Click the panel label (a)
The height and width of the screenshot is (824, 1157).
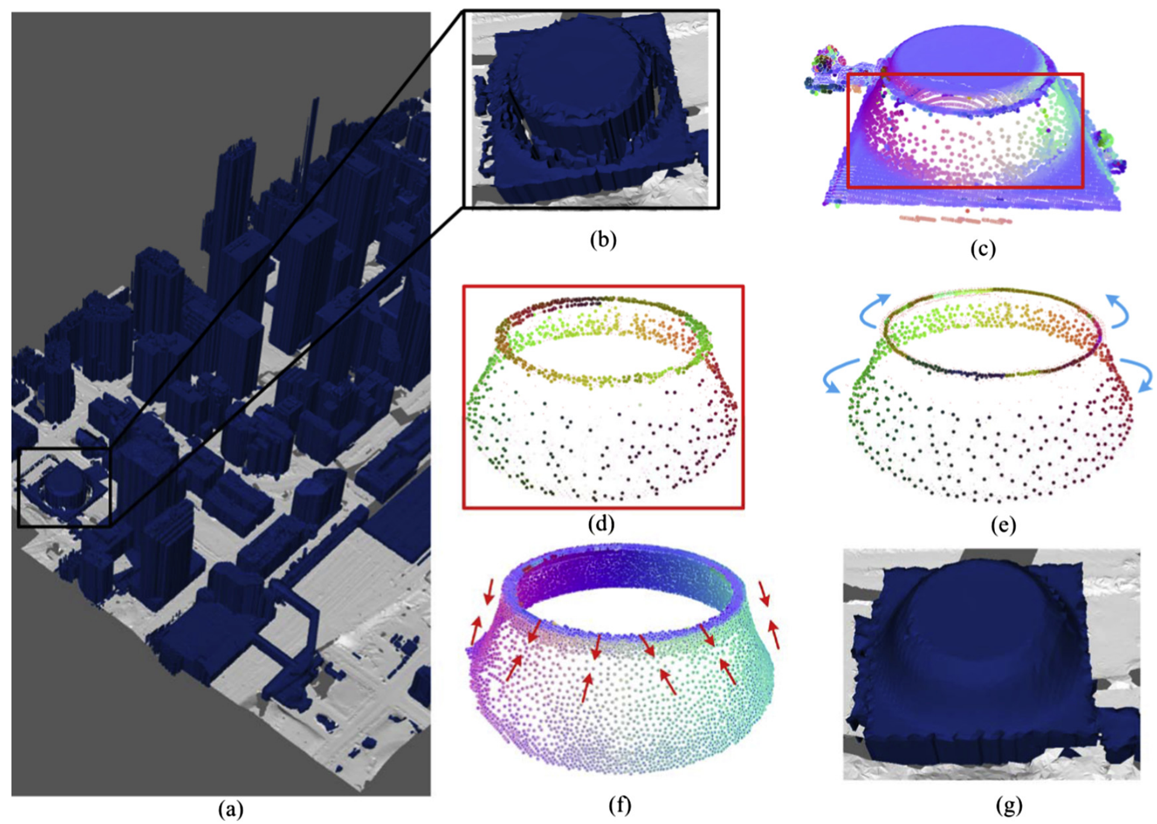pyautogui.click(x=231, y=809)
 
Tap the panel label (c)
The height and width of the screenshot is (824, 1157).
pyautogui.click(x=983, y=248)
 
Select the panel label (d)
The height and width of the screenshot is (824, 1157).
pyautogui.click(x=601, y=523)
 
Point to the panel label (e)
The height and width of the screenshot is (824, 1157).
pyautogui.click(x=1003, y=525)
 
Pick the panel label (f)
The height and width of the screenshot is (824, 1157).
pyautogui.click(x=620, y=805)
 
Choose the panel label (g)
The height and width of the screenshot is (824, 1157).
pyautogui.click(x=1009, y=805)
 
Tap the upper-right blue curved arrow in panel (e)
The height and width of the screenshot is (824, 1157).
pyautogui.click(x=1120, y=311)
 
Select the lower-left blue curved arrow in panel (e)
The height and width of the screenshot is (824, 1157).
pyautogui.click(x=838, y=375)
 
